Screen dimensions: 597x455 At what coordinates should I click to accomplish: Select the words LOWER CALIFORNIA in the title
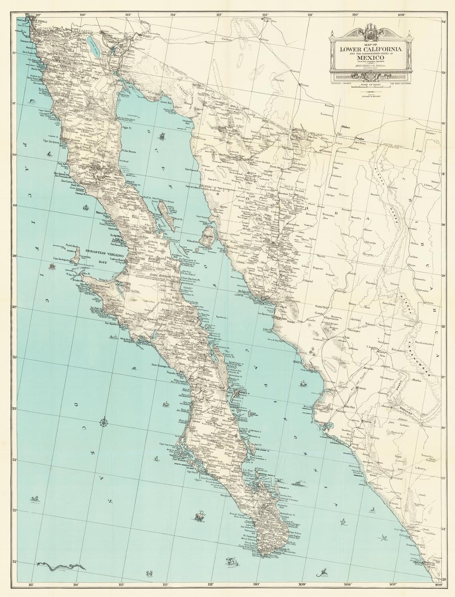[365, 49]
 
